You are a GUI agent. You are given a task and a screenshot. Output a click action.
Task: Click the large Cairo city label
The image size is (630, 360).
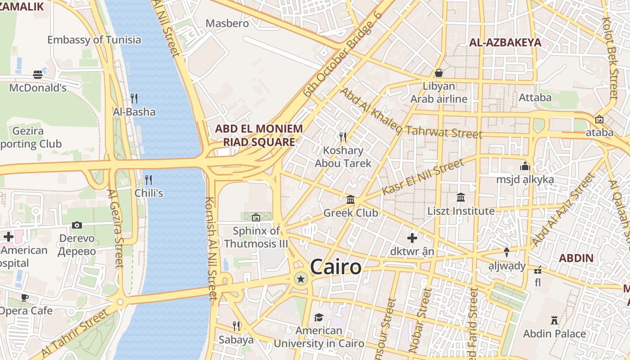336,267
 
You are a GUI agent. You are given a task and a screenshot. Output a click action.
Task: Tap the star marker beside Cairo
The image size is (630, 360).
301,279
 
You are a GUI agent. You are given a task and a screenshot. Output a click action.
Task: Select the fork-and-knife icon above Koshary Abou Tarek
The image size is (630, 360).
343,137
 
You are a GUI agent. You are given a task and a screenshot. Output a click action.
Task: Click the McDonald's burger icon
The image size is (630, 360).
38,75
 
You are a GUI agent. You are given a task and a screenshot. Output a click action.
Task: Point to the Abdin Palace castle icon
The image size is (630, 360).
554,320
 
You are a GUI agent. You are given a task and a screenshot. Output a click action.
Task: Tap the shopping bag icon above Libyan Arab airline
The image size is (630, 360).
439,73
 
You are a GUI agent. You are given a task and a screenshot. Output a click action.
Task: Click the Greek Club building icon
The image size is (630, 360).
351,199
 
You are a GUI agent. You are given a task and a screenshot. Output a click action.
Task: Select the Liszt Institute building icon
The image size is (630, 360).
461,198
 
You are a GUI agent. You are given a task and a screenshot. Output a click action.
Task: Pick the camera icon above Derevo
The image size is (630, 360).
77,225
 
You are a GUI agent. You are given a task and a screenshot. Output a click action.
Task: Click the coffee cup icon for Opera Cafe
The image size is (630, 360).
25,297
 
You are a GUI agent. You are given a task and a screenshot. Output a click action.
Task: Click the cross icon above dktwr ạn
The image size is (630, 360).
412,238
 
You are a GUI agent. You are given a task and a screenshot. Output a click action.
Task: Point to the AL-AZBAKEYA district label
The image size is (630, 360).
505,43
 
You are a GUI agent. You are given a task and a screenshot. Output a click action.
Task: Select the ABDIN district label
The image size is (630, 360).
576,258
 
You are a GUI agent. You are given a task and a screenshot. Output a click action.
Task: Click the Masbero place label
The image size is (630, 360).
227,23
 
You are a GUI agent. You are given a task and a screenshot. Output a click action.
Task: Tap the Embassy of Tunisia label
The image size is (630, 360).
94,40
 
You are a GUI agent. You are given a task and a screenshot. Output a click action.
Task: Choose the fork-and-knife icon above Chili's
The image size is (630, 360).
148,180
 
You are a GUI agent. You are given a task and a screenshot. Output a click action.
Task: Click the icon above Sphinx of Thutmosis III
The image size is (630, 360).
256,218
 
